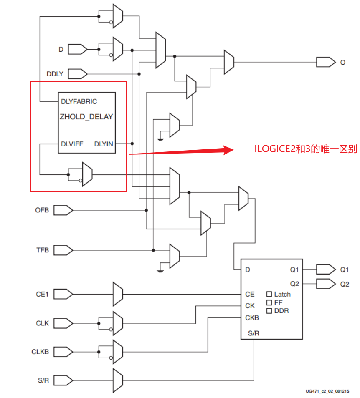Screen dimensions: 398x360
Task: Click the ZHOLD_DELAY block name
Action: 86,116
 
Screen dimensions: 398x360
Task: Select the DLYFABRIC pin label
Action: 79,101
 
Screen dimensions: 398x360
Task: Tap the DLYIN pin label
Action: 103,144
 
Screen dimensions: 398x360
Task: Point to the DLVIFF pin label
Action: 72,144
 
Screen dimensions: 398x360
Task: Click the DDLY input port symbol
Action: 77,74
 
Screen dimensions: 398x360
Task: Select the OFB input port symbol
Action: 63,209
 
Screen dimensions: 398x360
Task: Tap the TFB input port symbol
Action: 63,250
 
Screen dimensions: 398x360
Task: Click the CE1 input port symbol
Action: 63,294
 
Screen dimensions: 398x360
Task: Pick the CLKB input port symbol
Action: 63,352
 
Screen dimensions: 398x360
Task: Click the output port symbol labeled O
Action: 325,62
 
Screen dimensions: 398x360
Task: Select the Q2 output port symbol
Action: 325,284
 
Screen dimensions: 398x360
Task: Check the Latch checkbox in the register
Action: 269,294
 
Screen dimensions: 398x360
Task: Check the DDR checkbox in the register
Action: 269,311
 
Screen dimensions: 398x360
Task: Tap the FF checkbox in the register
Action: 269,302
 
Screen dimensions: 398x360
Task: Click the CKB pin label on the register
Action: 252,317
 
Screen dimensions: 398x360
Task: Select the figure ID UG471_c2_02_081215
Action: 327,391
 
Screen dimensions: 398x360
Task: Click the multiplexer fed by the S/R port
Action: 118,380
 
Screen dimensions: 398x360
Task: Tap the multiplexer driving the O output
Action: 229,62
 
